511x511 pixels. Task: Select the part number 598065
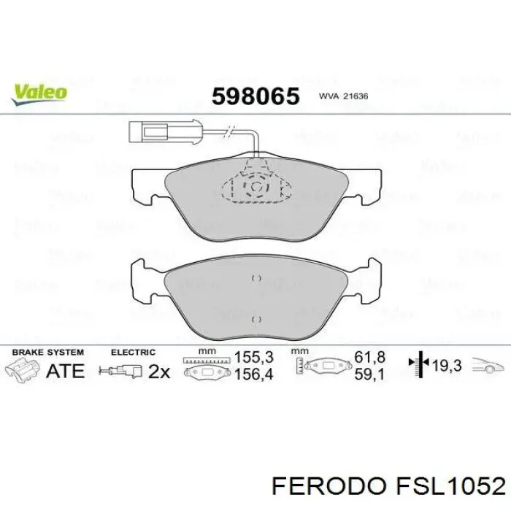pyautogui.click(x=255, y=96)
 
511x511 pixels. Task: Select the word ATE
pyautogui.click(x=65, y=371)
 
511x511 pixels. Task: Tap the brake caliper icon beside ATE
pyautogui.click(x=23, y=370)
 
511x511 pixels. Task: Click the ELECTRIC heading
pyautogui.click(x=133, y=352)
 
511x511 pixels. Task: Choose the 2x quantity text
pyautogui.click(x=158, y=372)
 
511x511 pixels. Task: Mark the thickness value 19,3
pyautogui.click(x=447, y=366)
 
